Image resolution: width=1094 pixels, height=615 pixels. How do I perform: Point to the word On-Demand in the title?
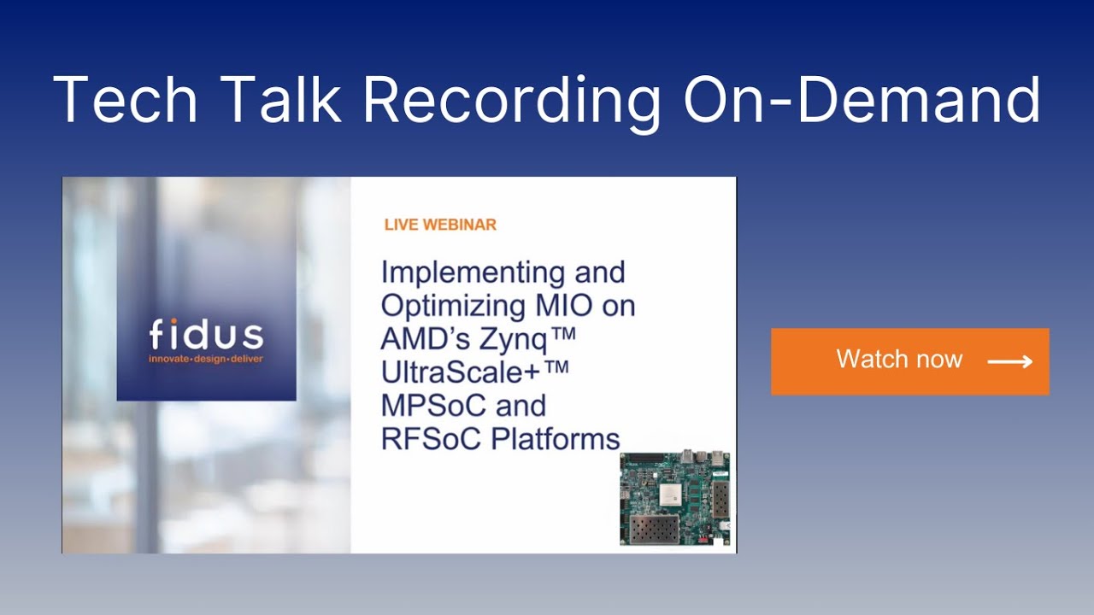click(x=862, y=101)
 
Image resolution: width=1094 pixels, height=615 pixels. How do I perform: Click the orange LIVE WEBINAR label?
click(x=440, y=225)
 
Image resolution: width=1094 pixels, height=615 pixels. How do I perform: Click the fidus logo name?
click(x=206, y=335)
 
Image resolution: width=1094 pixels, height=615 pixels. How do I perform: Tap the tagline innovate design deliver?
click(x=206, y=359)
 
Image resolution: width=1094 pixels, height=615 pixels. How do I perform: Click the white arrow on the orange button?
click(x=1009, y=362)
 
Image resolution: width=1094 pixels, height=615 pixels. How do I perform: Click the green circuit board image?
click(x=674, y=499)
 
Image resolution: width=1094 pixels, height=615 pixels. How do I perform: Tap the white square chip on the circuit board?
click(x=672, y=492)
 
